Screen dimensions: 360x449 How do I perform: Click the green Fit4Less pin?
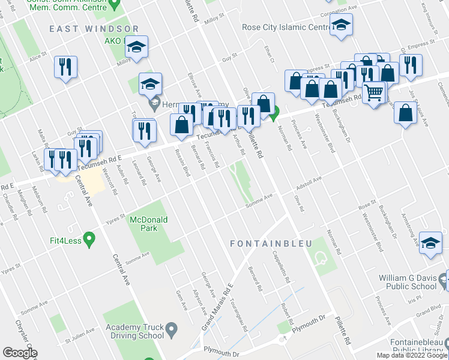click(x=89, y=240)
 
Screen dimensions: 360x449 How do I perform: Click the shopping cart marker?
click(x=373, y=93)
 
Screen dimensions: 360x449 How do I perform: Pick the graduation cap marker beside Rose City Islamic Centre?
click(x=341, y=25)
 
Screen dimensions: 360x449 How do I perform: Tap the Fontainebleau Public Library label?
click(x=414, y=343)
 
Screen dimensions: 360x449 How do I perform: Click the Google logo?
click(x=19, y=353)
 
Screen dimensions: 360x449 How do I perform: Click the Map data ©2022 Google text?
click(x=412, y=355)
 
